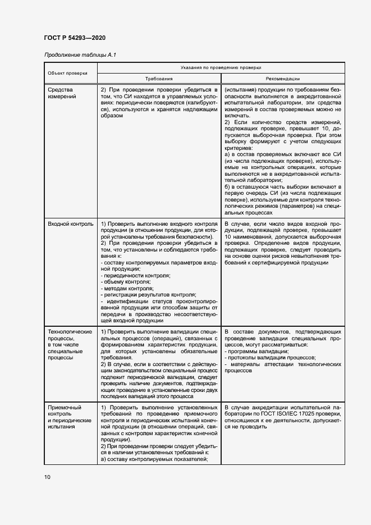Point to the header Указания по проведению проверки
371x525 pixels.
(222, 67)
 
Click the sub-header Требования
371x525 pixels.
(159, 79)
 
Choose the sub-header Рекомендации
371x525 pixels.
(283, 79)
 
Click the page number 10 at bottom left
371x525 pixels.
(47, 477)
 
